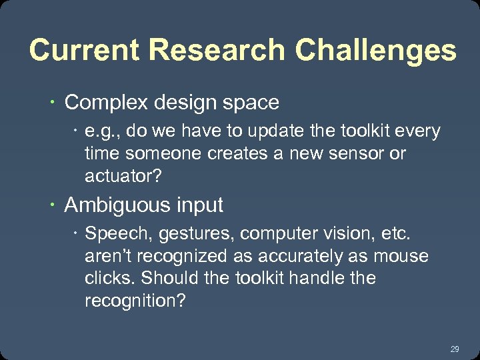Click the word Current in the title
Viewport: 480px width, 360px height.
click(x=84, y=51)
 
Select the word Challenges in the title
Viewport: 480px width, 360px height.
click(x=376, y=51)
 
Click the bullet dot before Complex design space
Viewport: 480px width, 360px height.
click(x=52, y=103)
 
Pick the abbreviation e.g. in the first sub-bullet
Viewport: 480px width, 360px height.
click(x=101, y=131)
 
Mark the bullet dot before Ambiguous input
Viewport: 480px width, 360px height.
click(x=52, y=205)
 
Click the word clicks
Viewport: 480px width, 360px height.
click(x=106, y=278)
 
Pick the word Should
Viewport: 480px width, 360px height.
click(x=170, y=278)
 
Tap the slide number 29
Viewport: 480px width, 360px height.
click(x=455, y=349)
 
